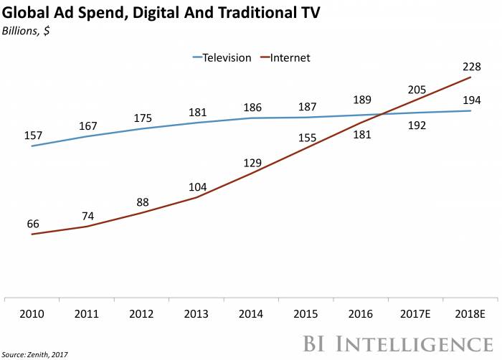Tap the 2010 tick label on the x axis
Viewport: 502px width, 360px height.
coord(32,313)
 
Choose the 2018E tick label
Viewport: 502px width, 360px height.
coord(471,313)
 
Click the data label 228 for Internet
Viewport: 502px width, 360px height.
coord(471,67)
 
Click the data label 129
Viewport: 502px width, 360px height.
coord(252,164)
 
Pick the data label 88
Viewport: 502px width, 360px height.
coord(143,202)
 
